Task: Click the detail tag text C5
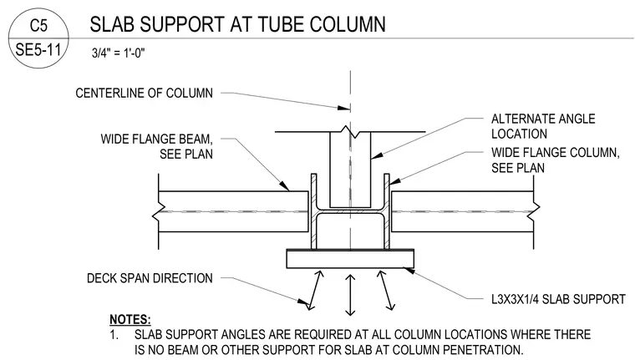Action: click(x=38, y=26)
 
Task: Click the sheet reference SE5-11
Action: click(x=38, y=50)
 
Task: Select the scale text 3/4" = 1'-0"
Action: click(x=119, y=53)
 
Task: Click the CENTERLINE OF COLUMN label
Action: click(x=144, y=94)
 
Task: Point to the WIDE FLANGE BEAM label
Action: click(x=156, y=147)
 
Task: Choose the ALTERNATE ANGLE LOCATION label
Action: click(x=543, y=126)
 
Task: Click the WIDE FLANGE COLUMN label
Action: click(x=556, y=160)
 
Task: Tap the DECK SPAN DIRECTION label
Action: click(x=150, y=278)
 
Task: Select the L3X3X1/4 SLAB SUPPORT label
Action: click(x=558, y=299)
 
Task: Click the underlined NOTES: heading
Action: click(x=130, y=320)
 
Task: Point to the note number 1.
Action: click(x=114, y=335)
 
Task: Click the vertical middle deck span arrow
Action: click(x=350, y=295)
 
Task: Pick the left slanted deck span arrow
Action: click(x=316, y=291)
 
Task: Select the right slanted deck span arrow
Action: click(x=385, y=291)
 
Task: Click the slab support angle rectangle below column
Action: click(x=350, y=259)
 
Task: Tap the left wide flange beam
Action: click(x=233, y=212)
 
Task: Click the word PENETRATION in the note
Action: click(x=482, y=349)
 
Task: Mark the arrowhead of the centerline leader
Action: click(x=345, y=108)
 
